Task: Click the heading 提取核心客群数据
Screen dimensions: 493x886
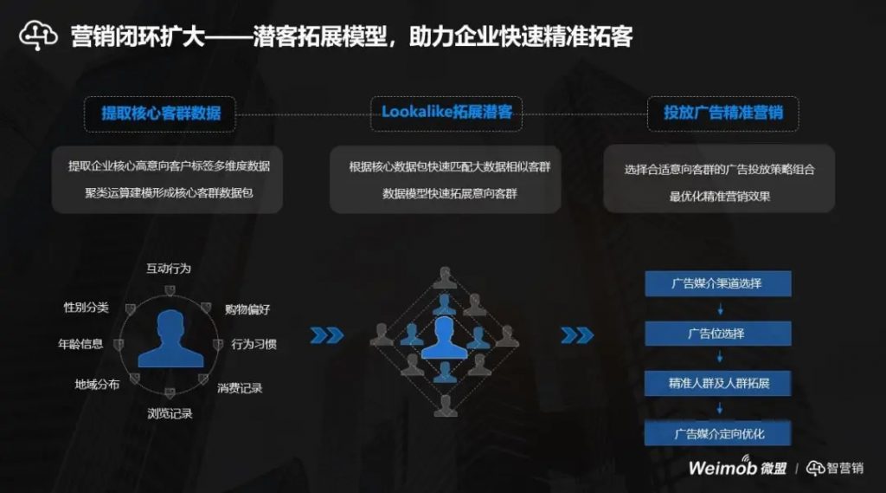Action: (160, 113)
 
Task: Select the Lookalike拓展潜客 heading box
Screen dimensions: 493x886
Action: (446, 113)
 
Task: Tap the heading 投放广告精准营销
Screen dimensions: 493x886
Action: (722, 113)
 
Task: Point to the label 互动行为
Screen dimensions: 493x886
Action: (168, 269)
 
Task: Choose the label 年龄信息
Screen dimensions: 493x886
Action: (80, 344)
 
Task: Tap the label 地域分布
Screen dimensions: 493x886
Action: (97, 384)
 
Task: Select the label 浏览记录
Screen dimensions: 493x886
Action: (170, 413)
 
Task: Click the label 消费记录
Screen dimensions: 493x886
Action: (240, 387)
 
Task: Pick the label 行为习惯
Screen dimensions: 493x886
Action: (254, 344)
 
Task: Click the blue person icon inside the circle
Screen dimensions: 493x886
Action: (170, 341)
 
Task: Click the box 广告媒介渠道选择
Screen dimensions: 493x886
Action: (717, 283)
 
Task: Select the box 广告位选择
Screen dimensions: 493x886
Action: (717, 333)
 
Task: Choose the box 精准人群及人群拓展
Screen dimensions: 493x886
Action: (717, 382)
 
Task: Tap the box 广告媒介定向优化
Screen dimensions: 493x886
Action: (717, 432)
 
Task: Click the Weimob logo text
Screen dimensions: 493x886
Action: (722, 468)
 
